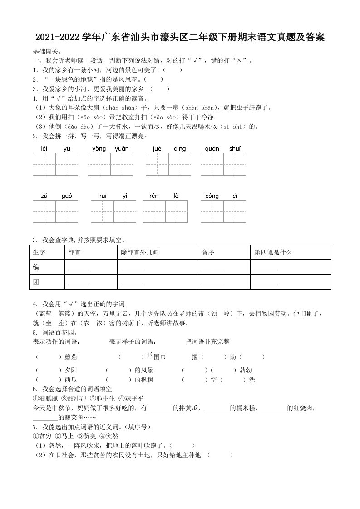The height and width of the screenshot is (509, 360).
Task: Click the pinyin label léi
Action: click(44, 149)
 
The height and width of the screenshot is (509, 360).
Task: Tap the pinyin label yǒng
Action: click(99, 149)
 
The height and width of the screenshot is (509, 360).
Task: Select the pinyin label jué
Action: click(157, 149)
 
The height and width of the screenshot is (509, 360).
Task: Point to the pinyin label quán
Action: click(212, 149)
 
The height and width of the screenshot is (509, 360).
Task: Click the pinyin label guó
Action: click(67, 196)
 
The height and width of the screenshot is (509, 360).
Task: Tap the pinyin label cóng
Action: click(212, 196)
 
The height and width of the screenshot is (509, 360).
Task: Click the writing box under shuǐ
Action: click(235, 164)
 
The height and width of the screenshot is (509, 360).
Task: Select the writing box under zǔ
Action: click(44, 211)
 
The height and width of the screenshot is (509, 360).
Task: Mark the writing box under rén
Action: click(154, 211)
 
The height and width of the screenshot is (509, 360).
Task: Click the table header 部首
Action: click(74, 252)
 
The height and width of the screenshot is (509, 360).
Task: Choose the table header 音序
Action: click(207, 252)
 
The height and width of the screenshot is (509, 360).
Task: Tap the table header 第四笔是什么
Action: click(273, 252)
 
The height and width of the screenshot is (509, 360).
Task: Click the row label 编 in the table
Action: click(36, 267)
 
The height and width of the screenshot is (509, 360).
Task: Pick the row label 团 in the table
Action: click(36, 282)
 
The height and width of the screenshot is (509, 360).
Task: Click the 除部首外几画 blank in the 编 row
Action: click(132, 269)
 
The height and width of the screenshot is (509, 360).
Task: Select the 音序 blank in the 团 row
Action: click(212, 284)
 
